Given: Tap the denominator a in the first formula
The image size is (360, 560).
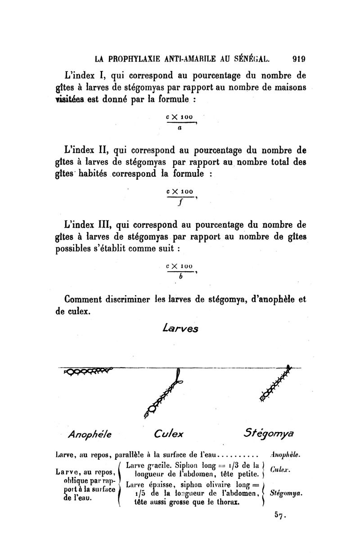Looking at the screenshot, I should [x=180, y=128].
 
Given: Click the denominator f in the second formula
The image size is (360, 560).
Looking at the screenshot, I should [x=180, y=202].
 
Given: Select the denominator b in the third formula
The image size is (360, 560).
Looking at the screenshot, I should [x=180, y=277].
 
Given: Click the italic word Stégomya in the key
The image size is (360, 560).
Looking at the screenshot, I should [x=285, y=493].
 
